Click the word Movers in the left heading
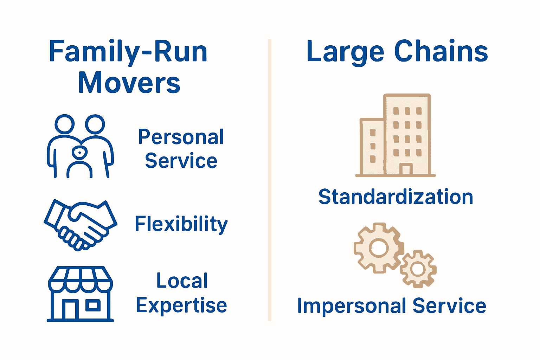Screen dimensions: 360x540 (129, 83)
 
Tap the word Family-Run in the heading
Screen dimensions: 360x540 (128, 52)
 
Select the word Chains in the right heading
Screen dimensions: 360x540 (441, 51)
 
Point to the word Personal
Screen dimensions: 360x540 (181, 137)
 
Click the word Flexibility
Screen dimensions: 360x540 (181, 224)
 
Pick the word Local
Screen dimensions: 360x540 (182, 281)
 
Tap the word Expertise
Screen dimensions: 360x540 (181, 305)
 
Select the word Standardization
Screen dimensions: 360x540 (396, 197)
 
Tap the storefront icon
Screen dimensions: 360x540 (80, 294)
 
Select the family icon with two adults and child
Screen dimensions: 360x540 (80, 146)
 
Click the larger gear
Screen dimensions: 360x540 (378, 248)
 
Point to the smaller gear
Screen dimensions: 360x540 (418, 269)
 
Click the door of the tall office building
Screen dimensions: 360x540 (406, 169)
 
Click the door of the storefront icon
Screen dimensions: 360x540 (70, 309)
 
